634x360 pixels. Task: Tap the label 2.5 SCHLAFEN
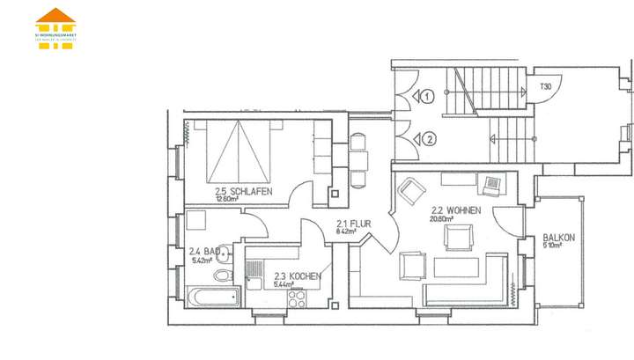pyautogui.click(x=243, y=191)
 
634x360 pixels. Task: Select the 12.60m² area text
pyautogui.click(x=227, y=199)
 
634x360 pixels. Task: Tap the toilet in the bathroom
pyautogui.click(x=224, y=276)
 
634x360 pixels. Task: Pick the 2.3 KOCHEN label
pyautogui.click(x=297, y=276)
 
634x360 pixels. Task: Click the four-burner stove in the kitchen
pyautogui.click(x=295, y=298)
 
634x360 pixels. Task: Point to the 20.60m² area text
pyautogui.click(x=444, y=220)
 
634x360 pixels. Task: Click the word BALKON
pyautogui.click(x=559, y=238)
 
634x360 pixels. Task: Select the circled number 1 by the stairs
pyautogui.click(x=428, y=96)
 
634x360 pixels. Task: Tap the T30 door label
pyautogui.click(x=546, y=87)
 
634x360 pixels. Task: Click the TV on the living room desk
pyautogui.click(x=491, y=185)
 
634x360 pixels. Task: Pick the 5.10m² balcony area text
pyautogui.click(x=554, y=246)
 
